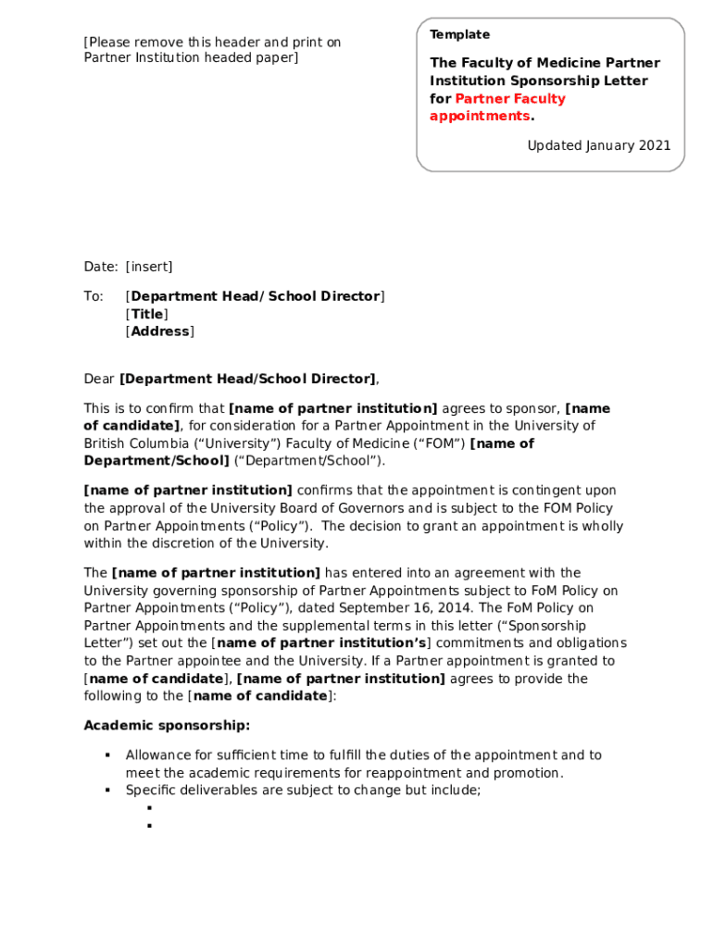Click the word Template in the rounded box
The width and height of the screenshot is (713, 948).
pos(459,34)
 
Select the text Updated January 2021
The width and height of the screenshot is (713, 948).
pos(598,145)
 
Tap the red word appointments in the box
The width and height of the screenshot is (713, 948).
pos(479,116)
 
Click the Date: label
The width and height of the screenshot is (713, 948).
pos(101,267)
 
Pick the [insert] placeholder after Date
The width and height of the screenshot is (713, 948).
pos(149,267)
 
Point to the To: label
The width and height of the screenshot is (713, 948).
pos(94,296)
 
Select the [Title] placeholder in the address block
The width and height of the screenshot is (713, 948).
pos(146,314)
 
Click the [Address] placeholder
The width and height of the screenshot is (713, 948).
pos(159,331)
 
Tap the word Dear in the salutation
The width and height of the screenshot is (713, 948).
pos(99,379)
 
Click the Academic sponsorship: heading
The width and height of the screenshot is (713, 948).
pos(167,725)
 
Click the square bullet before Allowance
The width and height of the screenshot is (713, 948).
pos(107,755)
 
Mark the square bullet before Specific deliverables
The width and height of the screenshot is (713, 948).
pos(107,791)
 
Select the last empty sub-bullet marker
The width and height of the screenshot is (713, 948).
pos(148,825)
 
